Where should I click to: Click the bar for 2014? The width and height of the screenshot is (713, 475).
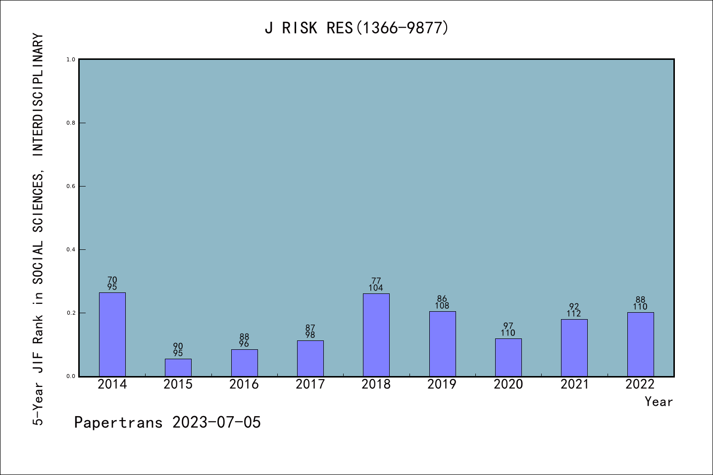pos(112,334)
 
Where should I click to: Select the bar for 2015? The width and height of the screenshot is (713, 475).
pos(178,368)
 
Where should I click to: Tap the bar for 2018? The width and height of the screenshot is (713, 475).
pos(376,335)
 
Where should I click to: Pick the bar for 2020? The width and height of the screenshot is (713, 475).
pos(508,357)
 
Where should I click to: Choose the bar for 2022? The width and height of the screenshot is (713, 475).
pos(640,344)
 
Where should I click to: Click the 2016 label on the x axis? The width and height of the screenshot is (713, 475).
pos(244,384)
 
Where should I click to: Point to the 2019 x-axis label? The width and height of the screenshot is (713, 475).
pos(442,384)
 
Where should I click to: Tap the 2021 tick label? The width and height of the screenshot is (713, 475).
pos(574,384)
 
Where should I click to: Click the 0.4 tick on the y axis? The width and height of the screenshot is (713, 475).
pos(71,250)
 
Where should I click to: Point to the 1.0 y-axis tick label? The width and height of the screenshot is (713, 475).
pos(71,60)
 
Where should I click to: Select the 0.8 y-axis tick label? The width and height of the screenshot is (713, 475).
pos(71,123)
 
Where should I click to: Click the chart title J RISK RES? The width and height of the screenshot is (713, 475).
pos(356,28)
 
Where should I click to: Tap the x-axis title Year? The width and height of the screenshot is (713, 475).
pos(659,402)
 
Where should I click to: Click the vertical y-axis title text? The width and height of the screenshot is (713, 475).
pos(38,229)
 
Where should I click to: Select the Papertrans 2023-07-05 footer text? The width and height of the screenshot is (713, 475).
pos(167,423)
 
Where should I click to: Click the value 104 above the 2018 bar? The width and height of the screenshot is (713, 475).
pos(376,288)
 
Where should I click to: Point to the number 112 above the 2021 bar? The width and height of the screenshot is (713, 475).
pos(574,314)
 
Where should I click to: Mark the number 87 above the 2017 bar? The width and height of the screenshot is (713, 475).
pos(310,328)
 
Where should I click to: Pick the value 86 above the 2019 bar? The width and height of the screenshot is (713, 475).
pos(442,299)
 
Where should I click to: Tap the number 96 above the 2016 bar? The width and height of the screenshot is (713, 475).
pos(244,344)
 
